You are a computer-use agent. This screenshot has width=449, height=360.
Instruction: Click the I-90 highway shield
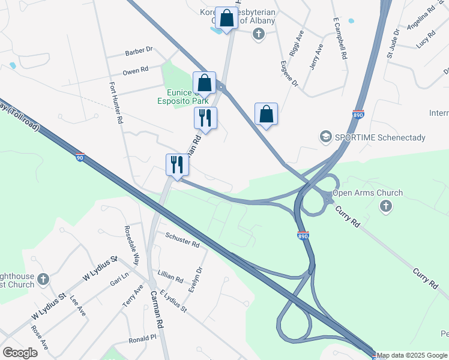(80, 158)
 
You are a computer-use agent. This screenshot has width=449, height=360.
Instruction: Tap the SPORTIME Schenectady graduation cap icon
(326, 137)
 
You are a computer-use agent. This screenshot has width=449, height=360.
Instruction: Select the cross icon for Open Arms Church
(386, 206)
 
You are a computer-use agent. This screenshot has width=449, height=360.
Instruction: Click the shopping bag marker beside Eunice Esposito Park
(204, 83)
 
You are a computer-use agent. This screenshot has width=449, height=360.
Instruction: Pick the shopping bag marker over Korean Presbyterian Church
(227, 19)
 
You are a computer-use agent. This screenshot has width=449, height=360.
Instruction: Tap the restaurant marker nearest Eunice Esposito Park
(205, 118)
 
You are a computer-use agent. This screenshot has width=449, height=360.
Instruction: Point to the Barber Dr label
(139, 52)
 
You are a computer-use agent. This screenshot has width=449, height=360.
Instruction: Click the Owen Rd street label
(135, 71)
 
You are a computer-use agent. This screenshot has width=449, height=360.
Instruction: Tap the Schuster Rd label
(182, 241)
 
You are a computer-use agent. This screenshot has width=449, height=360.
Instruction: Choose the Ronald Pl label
(142, 339)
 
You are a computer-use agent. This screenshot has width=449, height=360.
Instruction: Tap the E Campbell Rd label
(340, 37)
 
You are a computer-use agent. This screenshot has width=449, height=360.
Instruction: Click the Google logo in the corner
(20, 353)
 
